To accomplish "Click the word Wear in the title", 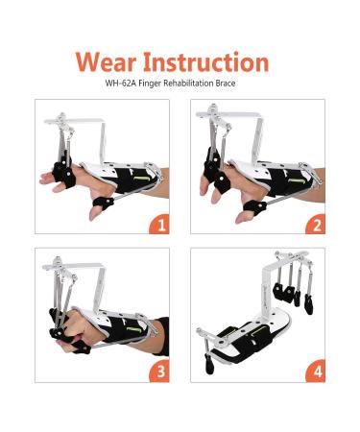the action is coord(106,62).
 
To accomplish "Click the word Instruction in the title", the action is coord(205,61).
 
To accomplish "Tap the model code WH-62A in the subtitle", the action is coord(121,84).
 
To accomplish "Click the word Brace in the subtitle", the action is coord(226,84).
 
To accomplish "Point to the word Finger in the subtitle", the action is coord(150,84).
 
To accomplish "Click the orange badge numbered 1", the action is coord(159,224).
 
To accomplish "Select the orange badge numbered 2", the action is coord(315,224).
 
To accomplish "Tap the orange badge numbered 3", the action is coord(159,372).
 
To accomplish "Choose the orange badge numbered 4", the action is coord(315,372).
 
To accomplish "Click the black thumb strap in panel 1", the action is coord(103,203).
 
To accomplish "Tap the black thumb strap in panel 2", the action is coord(254,206).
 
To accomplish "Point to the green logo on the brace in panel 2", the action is coord(296,180).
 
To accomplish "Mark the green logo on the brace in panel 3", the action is coord(133,329).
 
